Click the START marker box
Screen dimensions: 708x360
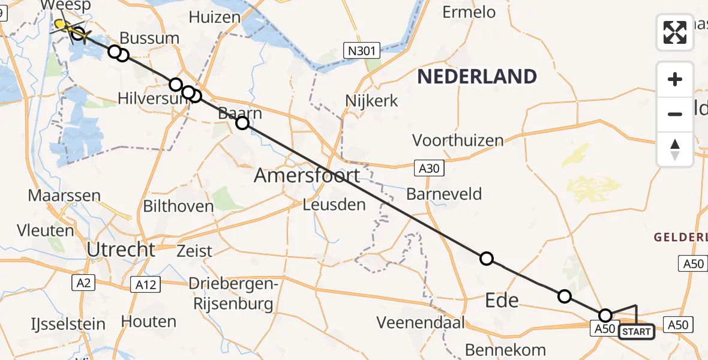[636, 331]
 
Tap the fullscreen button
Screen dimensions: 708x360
[675, 32]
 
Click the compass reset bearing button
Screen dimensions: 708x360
[675, 149]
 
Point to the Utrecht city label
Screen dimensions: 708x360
[121, 250]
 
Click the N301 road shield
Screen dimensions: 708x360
[363, 52]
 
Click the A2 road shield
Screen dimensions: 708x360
[83, 283]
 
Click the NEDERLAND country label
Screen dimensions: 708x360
[477, 77]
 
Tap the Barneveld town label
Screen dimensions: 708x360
[444, 194]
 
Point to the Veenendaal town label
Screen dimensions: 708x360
[421, 322]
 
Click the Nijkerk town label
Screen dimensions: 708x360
[372, 100]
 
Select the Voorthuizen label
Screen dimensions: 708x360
[458, 140]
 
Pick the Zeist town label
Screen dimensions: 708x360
[194, 251]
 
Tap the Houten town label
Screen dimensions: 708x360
[149, 321]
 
